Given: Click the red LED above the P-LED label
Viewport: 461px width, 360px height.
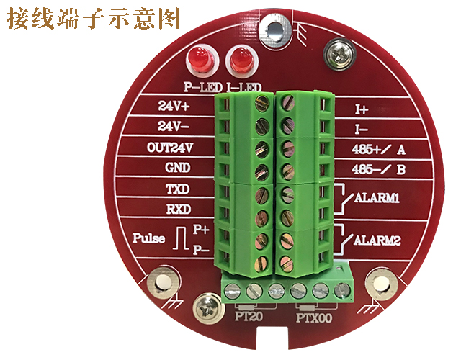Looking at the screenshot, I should [x=199, y=58].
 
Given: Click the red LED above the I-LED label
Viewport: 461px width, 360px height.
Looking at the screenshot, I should [x=239, y=58].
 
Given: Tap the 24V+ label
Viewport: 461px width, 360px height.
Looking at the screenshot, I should [x=173, y=106].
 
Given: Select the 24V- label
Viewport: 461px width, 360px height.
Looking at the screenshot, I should [x=173, y=127].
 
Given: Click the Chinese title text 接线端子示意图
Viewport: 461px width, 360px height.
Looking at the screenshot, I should [x=93, y=18].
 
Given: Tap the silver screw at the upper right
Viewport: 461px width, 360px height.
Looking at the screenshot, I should [x=339, y=51].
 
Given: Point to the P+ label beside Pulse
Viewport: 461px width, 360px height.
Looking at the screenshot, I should [x=202, y=230].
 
